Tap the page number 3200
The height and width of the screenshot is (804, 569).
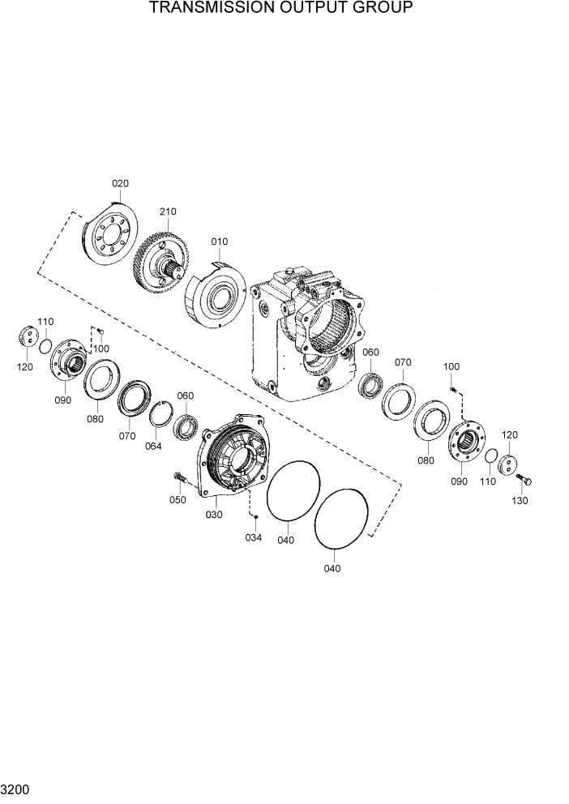[x=14, y=787]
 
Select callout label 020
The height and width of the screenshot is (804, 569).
[x=120, y=183]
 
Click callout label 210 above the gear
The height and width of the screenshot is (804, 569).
[x=168, y=212]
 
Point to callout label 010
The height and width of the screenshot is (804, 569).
[x=220, y=242]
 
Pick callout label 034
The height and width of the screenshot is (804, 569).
[x=255, y=537]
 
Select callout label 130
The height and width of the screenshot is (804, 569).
[x=520, y=501]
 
